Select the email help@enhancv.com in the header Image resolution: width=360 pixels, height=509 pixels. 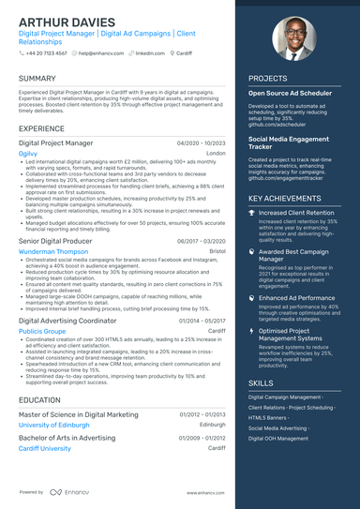tap(97, 53)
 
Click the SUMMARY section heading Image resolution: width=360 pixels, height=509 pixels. tap(37, 79)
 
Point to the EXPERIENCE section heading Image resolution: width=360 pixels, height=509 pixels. tap(42, 128)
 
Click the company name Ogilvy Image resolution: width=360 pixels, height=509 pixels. tap(28, 153)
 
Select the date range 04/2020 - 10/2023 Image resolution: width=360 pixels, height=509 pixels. tap(202, 142)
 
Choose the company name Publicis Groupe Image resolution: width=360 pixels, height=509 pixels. tap(42, 331)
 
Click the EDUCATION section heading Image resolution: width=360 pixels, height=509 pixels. tap(40, 399)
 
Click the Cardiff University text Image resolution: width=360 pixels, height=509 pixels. tap(44, 448)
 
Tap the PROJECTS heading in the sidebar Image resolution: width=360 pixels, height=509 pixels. tap(268, 79)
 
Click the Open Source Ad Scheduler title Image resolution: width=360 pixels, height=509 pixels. tap(290, 94)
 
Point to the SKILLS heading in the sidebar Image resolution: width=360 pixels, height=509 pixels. tap(262, 383)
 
